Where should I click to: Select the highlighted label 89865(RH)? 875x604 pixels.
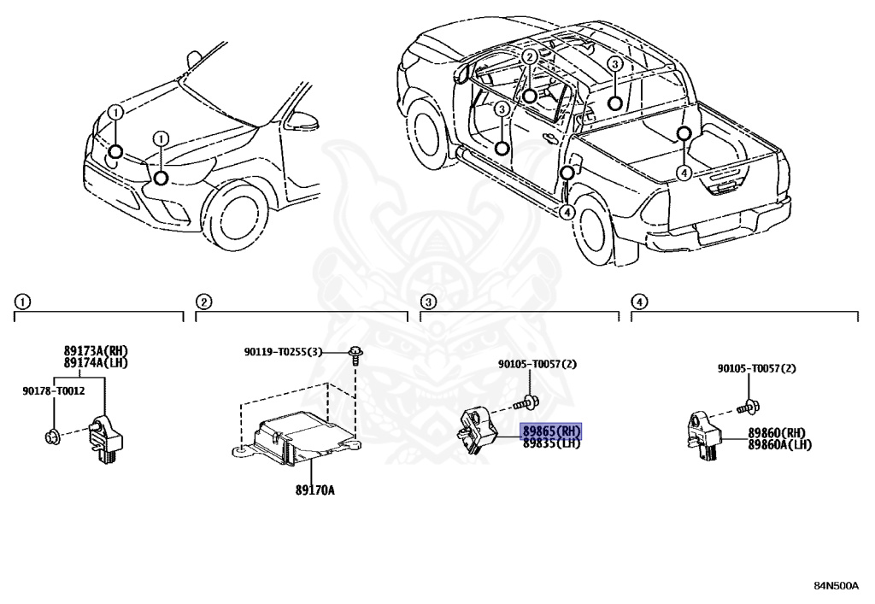click(x=551, y=431)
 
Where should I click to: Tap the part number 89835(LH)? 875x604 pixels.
click(x=551, y=443)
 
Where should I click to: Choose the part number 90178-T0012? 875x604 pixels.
click(x=53, y=390)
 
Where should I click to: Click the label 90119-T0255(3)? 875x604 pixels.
click(x=283, y=352)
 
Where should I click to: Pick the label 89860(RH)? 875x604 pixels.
click(x=777, y=433)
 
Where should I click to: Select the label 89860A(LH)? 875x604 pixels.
click(x=780, y=445)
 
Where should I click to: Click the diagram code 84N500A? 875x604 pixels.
click(x=836, y=586)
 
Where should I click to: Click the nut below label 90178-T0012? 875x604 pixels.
click(x=50, y=439)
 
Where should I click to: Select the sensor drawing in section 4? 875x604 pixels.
click(x=704, y=435)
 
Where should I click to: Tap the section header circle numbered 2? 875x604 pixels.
click(x=203, y=301)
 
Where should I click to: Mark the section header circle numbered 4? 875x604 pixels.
click(x=638, y=301)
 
